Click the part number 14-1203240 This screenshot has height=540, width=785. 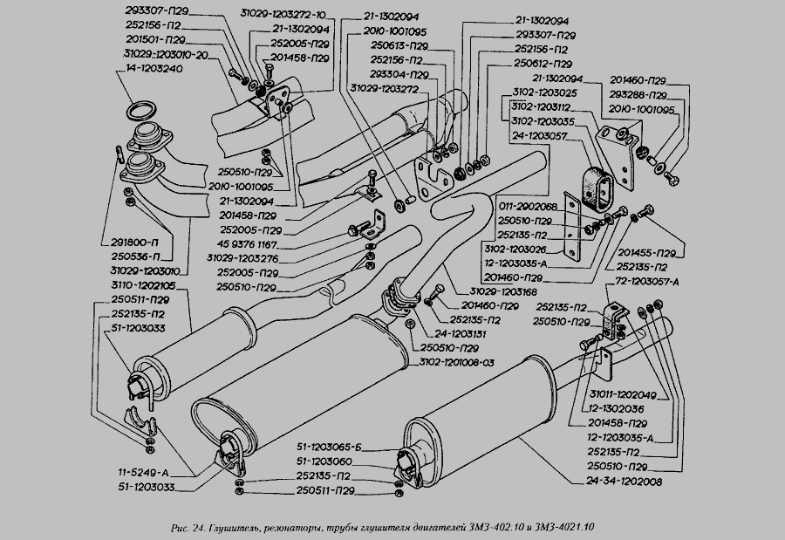pyautogui.click(x=154, y=69)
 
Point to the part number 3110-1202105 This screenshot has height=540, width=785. pyautogui.click(x=143, y=285)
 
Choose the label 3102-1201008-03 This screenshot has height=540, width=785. pyautogui.click(x=456, y=362)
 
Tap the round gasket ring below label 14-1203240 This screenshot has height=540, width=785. pyautogui.click(x=144, y=112)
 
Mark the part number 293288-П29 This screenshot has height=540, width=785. pyautogui.click(x=638, y=95)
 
